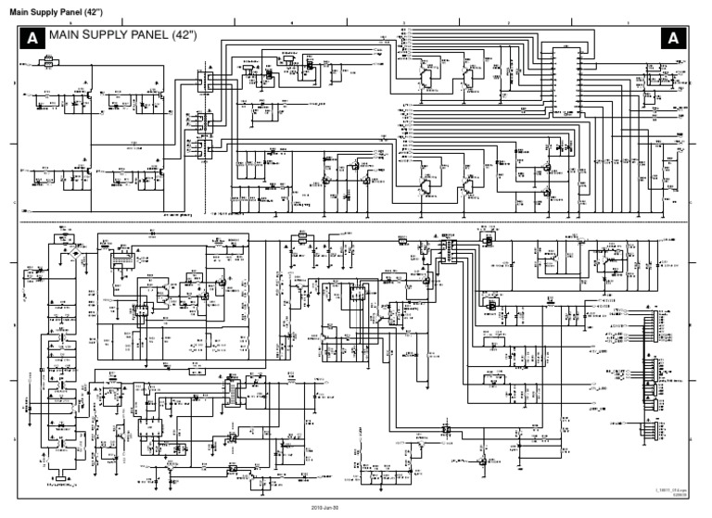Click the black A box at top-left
[x=32, y=38]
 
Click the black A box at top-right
[x=672, y=38]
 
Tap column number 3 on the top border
[x=404, y=22]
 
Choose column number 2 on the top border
[x=508, y=22]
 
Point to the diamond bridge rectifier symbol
[x=66, y=253]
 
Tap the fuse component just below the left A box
[x=43, y=63]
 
